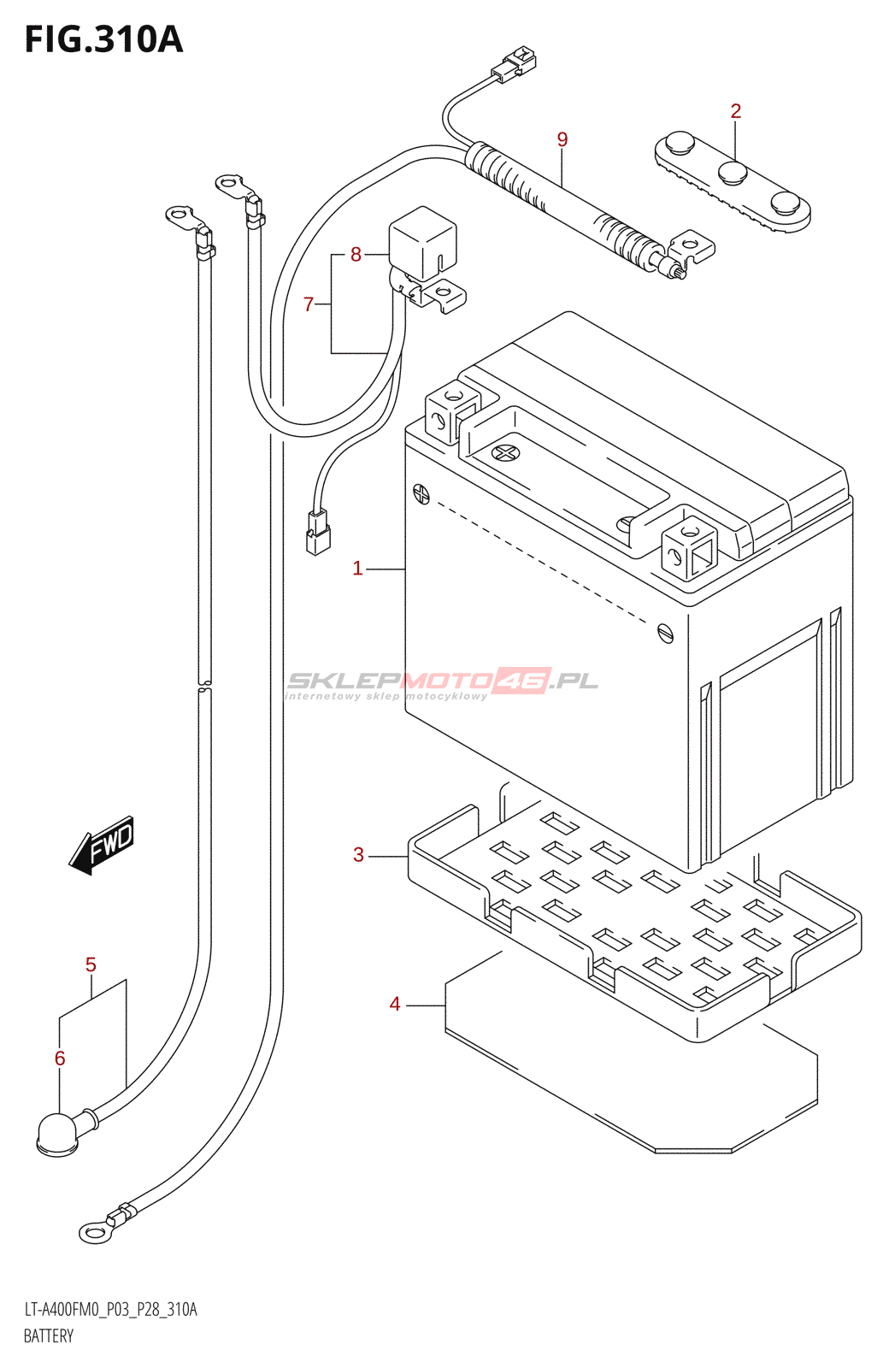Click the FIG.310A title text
click(103, 40)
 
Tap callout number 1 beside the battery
click(358, 569)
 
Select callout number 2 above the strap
click(735, 111)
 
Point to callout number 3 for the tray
click(358, 855)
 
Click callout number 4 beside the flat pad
click(395, 1004)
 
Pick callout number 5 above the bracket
click(91, 965)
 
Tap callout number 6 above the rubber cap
click(60, 1058)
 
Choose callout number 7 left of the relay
click(309, 304)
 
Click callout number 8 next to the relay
click(356, 254)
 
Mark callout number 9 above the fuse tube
click(562, 139)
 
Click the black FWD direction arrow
click(102, 846)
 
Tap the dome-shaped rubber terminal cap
click(57, 1134)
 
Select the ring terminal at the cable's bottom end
click(94, 1232)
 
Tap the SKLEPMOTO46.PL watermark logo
click(442, 681)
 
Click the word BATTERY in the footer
click(49, 1336)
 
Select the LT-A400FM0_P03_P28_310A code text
click(110, 1310)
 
